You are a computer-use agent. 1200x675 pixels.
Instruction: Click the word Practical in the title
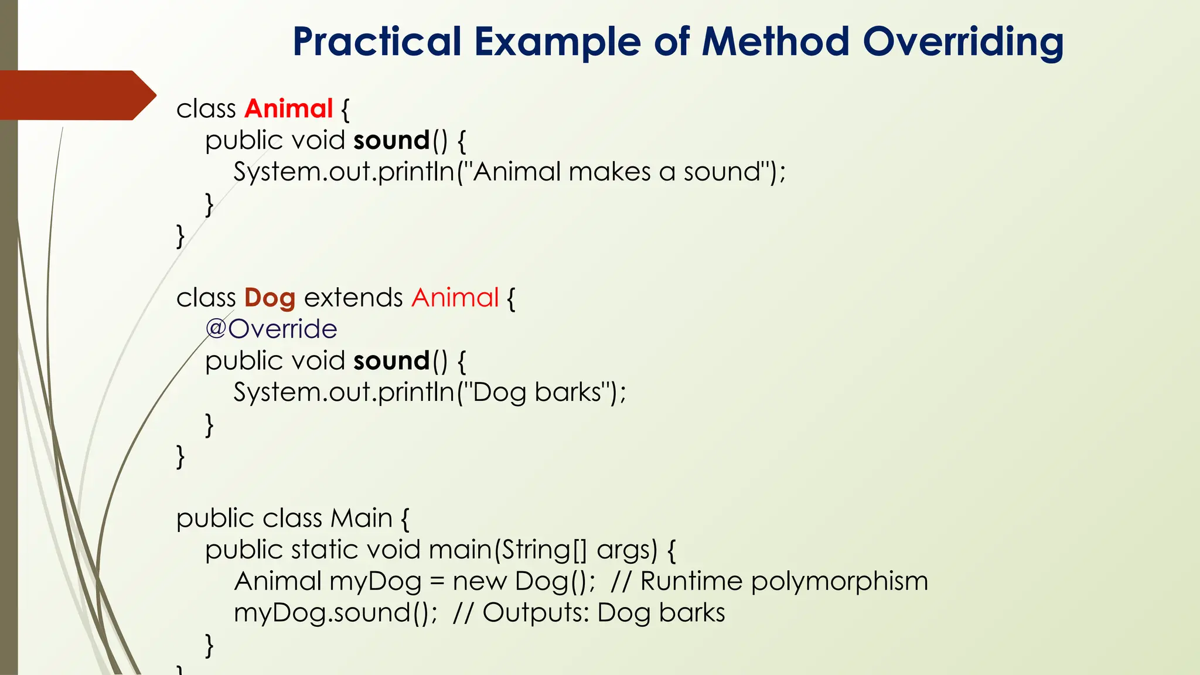377,42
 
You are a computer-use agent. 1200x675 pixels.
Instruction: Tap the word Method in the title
775,42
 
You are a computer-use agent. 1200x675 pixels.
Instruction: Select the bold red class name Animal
289,109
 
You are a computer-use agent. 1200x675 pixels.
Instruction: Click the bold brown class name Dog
270,298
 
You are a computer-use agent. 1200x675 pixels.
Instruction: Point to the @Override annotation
271,329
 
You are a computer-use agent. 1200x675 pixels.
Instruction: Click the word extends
353,298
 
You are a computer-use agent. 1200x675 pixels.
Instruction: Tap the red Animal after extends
455,298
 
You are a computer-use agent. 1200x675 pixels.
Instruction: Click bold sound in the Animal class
391,141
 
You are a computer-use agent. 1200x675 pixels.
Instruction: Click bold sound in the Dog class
391,361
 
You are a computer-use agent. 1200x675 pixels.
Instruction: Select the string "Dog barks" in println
537,393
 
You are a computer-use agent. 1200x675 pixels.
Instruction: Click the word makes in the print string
609,172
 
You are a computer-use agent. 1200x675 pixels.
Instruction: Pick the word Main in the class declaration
362,519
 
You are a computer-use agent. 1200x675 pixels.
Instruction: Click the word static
324,550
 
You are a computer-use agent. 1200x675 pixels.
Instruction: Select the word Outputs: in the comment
536,613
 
